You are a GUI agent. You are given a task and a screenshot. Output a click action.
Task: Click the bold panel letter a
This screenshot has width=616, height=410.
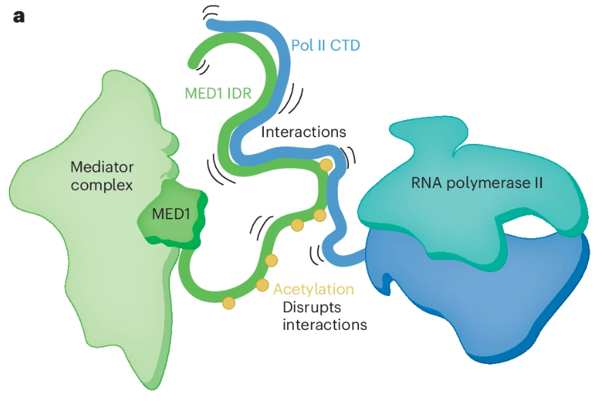pos(18,16)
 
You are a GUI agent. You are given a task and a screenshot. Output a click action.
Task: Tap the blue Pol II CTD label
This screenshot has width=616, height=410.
pos(325,46)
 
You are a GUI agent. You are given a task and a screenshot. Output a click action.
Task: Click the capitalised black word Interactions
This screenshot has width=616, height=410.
pos(303,132)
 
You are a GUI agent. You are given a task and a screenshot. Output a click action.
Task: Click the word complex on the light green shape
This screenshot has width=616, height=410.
pos(102,185)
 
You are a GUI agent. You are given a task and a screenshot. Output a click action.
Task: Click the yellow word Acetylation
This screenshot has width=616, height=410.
pos(313,289)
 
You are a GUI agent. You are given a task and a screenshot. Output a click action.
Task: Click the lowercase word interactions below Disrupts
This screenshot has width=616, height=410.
pos(324,324)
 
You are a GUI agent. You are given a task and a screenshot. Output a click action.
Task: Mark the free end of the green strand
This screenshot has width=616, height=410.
pos(195,65)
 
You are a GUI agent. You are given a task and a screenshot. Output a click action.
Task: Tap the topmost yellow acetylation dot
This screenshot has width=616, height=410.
pos(326,165)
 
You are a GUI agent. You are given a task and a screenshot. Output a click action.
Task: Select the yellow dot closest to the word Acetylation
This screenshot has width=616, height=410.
pos(263,285)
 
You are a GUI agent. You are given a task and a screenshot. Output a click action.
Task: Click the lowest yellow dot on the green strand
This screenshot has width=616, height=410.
pos(228,303)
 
